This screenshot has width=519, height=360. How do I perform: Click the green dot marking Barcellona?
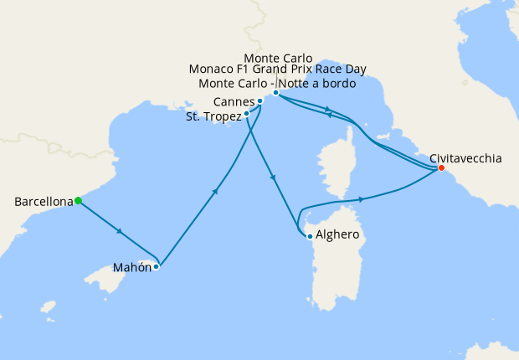pos(78,200)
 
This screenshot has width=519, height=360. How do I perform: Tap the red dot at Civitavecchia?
pos(440,168)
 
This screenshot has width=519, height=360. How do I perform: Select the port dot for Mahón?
pos(157,267)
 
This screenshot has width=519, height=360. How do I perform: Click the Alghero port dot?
pos(310,236)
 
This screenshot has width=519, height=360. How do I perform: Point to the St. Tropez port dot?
pos(246,114)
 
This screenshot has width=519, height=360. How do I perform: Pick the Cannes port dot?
pos(260,101)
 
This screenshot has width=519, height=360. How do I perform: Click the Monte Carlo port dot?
pos(275,93)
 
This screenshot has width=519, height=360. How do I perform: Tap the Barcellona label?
pos(43,202)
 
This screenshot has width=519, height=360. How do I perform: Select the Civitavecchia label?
pos(466,157)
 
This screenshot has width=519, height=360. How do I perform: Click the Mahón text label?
pos(132,268)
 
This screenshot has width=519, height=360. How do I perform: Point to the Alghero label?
pos(337,235)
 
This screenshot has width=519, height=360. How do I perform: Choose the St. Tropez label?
pos(213,116)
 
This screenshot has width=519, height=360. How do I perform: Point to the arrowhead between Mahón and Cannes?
pos(216,192)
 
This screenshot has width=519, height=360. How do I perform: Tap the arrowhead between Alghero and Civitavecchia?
pos(362,199)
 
